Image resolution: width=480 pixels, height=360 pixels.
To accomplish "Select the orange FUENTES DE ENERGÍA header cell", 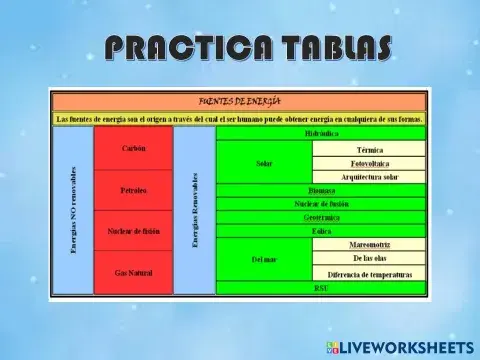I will (x=240, y=101).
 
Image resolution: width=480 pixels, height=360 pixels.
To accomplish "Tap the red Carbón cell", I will (x=134, y=148).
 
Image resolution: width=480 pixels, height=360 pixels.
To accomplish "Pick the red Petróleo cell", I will (x=134, y=189).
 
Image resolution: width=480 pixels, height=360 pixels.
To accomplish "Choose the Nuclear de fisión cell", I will (x=134, y=231).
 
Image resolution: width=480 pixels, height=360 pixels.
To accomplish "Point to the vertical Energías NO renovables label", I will (x=73, y=211).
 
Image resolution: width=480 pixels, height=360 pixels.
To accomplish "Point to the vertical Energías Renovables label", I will (x=195, y=211).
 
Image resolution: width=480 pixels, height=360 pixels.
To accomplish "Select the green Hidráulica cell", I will (x=321, y=133).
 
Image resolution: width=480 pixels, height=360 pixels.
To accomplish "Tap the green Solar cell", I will (x=264, y=162).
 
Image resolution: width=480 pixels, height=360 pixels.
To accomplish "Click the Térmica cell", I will (x=370, y=148).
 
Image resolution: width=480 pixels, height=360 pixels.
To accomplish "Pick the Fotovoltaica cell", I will (x=370, y=162).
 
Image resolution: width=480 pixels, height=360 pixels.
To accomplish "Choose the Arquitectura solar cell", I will (x=370, y=177).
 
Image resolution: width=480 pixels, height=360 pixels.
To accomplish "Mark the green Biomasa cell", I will (x=321, y=190).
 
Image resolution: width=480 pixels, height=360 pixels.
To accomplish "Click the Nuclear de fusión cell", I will (x=321, y=203).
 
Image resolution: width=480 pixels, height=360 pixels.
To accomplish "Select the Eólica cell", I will (x=321, y=231).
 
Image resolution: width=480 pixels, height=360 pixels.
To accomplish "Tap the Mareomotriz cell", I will (x=370, y=245).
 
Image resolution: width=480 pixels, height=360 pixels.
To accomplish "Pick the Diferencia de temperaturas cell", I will (x=370, y=273).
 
